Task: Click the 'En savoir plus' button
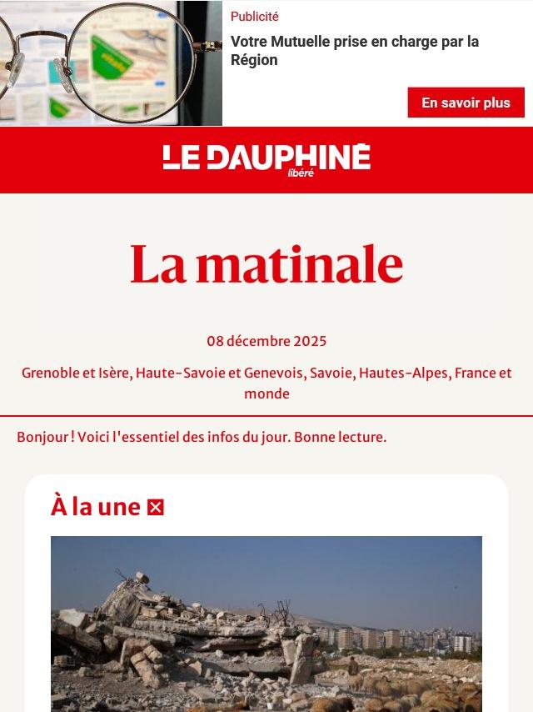[x=466, y=103]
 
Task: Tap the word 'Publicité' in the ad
[x=255, y=17]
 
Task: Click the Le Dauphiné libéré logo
[x=266, y=158]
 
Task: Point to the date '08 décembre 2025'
[x=266, y=341]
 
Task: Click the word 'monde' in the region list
[x=266, y=394]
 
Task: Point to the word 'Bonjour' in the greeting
[x=42, y=437]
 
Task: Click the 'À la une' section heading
[x=96, y=506]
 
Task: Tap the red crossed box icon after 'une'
[x=156, y=507]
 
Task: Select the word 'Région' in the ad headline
[x=254, y=60]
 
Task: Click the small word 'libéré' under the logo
[x=301, y=173]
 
